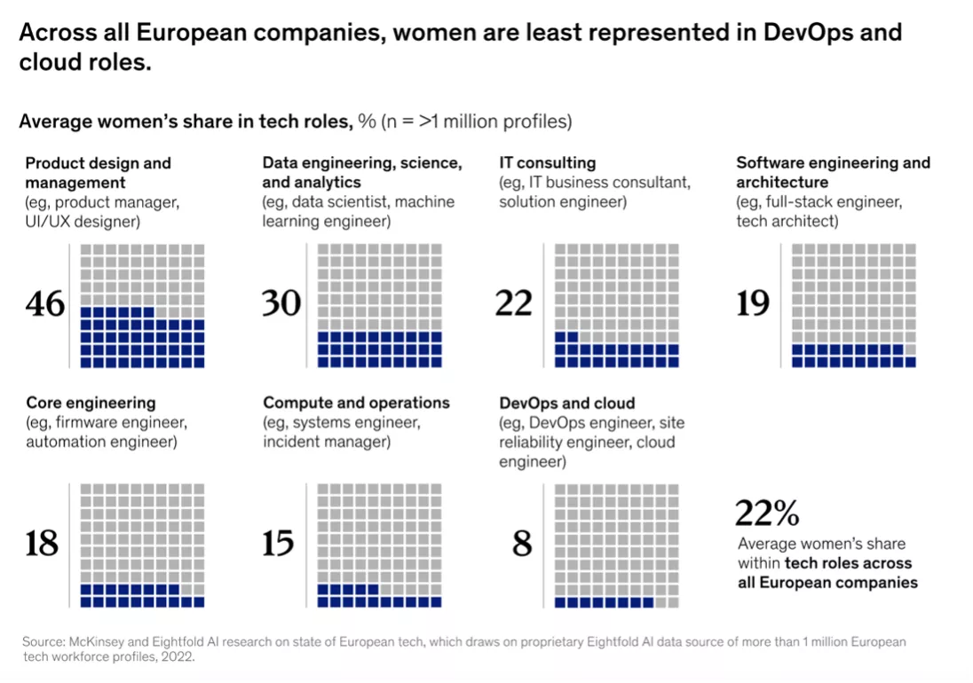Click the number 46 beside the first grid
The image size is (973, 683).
pyautogui.click(x=45, y=304)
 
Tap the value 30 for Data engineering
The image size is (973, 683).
pyautogui.click(x=281, y=304)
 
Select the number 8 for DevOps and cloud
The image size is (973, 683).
pyautogui.click(x=522, y=543)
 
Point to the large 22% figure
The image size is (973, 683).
pyautogui.click(x=767, y=514)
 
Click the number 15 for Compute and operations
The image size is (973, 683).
pyautogui.click(x=279, y=543)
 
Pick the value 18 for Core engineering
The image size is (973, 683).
pyautogui.click(x=42, y=543)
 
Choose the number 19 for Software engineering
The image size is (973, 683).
pyautogui.click(x=753, y=304)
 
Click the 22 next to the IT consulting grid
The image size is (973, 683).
pyautogui.click(x=514, y=304)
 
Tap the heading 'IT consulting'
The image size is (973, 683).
pyautogui.click(x=548, y=163)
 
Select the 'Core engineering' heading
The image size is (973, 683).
pyautogui.click(x=91, y=403)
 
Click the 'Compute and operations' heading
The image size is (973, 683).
pyautogui.click(x=357, y=403)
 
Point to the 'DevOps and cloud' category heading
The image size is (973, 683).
pyautogui.click(x=567, y=403)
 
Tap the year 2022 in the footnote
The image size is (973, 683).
pyautogui.click(x=178, y=657)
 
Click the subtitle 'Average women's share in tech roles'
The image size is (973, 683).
pyautogui.click(x=186, y=122)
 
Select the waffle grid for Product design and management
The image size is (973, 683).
pyautogui.click(x=142, y=306)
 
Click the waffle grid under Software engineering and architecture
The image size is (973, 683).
pyautogui.click(x=853, y=306)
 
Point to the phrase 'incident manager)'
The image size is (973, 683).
pyautogui.click(x=327, y=442)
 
